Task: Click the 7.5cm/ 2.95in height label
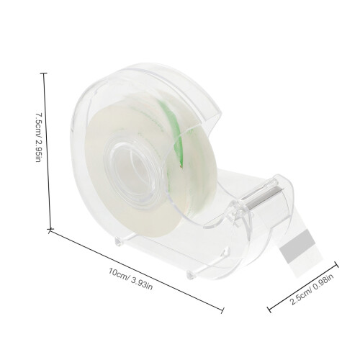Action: coord(39,137)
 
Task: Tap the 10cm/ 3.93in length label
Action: coord(130,279)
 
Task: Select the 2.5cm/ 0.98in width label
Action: coord(312,289)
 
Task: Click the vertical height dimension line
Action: coord(47,151)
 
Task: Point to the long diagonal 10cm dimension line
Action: coord(136,270)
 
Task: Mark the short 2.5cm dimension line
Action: coord(302,286)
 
